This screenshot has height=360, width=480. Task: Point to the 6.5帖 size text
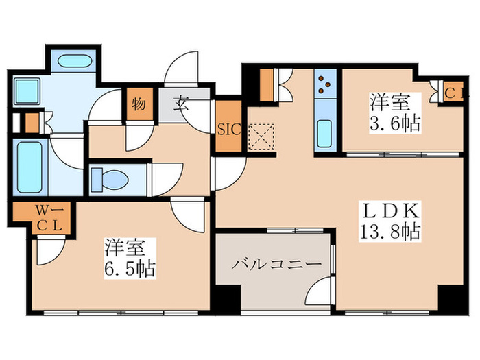pos(130,266)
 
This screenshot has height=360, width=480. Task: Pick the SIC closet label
pos(228,128)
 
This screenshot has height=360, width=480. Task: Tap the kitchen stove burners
pos(323,88)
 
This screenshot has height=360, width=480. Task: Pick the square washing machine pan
pos(27,91)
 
